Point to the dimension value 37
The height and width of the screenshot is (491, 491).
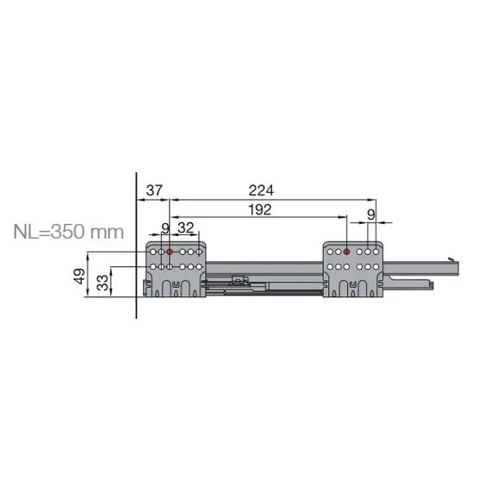click(x=154, y=190)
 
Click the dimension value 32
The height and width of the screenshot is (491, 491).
click(x=185, y=228)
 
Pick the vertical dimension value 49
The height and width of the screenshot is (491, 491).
click(x=78, y=277)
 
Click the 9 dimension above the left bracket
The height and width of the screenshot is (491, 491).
click(x=165, y=228)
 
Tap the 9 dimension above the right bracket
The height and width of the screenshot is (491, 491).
click(x=371, y=213)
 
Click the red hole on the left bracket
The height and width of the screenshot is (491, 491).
click(x=170, y=252)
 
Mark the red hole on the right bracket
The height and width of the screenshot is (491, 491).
click(x=345, y=252)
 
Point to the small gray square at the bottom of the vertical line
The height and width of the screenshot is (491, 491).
click(x=133, y=321)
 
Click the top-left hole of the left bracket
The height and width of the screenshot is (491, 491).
click(x=152, y=252)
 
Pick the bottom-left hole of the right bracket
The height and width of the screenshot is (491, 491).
click(x=330, y=267)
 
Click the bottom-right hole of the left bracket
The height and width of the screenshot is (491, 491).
click(x=200, y=267)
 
